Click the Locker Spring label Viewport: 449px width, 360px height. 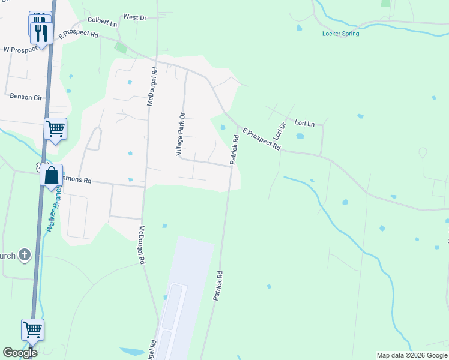pyautogui.click(x=340, y=34)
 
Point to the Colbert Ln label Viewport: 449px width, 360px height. pyautogui.click(x=102, y=21)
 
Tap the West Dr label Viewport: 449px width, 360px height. pyautogui.click(x=134, y=17)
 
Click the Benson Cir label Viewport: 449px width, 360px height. pyautogui.click(x=25, y=96)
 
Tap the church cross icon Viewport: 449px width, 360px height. pyautogui.click(x=25, y=256)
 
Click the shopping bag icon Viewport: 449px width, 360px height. pyautogui.click(x=52, y=176)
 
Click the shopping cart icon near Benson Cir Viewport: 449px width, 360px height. pyautogui.click(x=55, y=128)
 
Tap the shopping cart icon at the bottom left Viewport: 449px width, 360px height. pyautogui.click(x=32, y=329)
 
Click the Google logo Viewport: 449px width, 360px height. pyautogui.click(x=20, y=353)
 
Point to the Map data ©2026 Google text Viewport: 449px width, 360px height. pyautogui.click(x=411, y=355)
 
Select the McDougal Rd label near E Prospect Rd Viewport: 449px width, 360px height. pyautogui.click(x=154, y=86)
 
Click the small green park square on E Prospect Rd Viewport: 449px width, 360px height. pyautogui.click(x=121, y=47)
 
